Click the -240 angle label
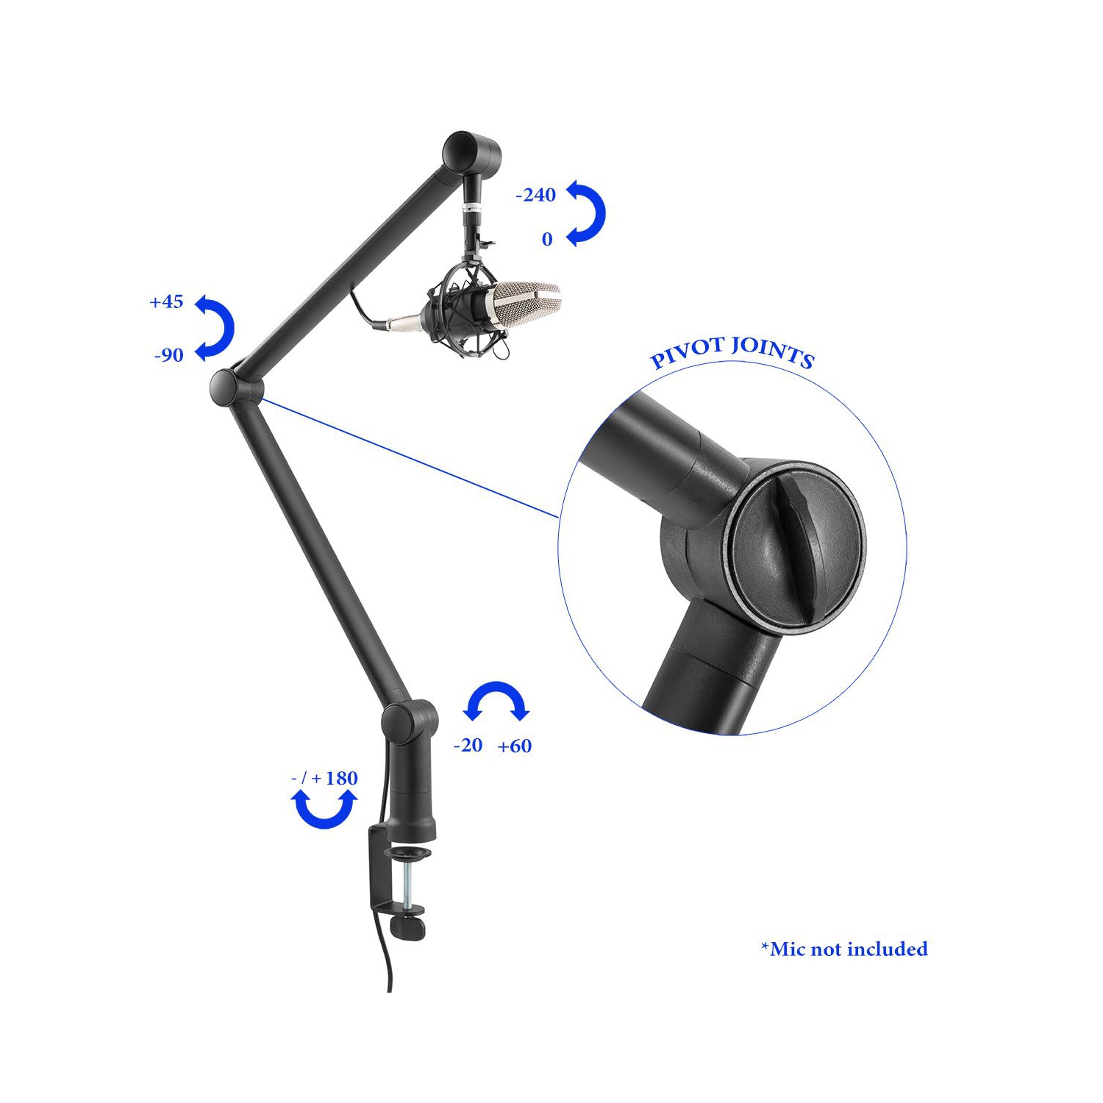(x=536, y=196)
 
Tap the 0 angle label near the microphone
(x=547, y=240)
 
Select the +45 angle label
(x=166, y=302)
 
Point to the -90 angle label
(x=169, y=356)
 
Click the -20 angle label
(x=468, y=746)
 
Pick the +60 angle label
(x=515, y=746)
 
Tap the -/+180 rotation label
(x=324, y=778)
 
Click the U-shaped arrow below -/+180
(x=324, y=809)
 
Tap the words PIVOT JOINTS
(x=732, y=352)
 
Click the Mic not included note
(x=845, y=949)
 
